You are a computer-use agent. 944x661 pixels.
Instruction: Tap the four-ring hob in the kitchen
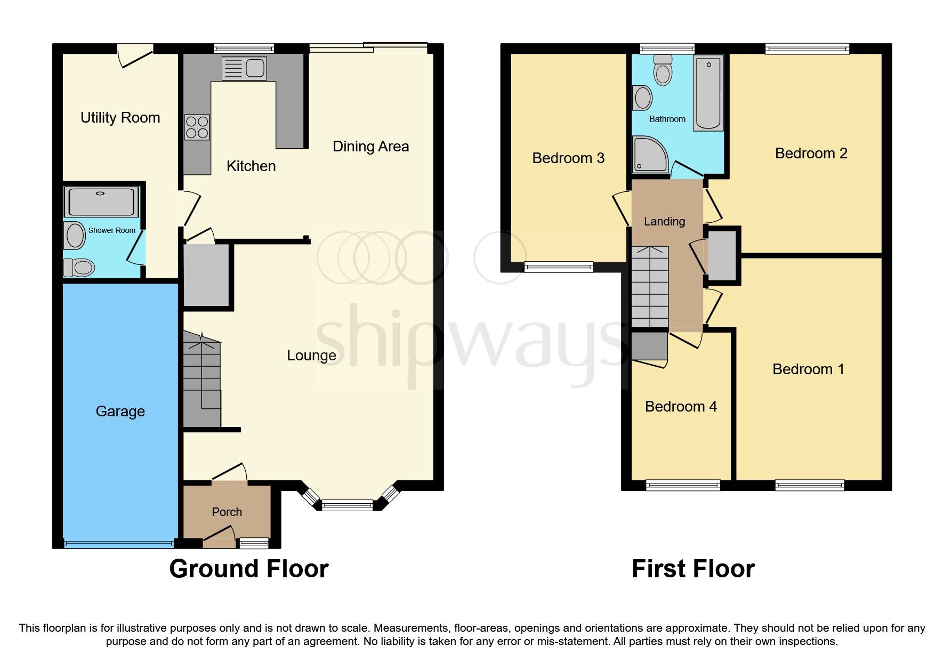pyautogui.click(x=197, y=127)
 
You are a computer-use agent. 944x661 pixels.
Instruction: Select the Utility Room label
pyautogui.click(x=120, y=118)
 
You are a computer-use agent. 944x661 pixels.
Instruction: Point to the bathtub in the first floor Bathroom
pyautogui.click(x=708, y=93)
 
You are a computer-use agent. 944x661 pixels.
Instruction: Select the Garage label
pyautogui.click(x=120, y=412)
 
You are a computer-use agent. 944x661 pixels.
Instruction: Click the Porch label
pyautogui.click(x=227, y=512)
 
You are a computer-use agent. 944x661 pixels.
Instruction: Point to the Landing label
pyautogui.click(x=664, y=221)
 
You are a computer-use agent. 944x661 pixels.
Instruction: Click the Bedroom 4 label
pyautogui.click(x=681, y=407)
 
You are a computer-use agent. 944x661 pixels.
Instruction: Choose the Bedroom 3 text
pyautogui.click(x=568, y=158)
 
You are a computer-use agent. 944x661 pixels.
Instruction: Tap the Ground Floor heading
pyautogui.click(x=249, y=569)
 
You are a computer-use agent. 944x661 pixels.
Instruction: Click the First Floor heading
pyautogui.click(x=693, y=569)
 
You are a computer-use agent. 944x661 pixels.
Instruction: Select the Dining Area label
pyautogui.click(x=370, y=147)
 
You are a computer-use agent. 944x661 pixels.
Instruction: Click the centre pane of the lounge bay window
pyautogui.click(x=348, y=505)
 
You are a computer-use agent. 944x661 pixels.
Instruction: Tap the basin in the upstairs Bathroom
pyautogui.click(x=643, y=98)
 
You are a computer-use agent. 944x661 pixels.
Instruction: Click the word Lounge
pyautogui.click(x=311, y=356)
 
